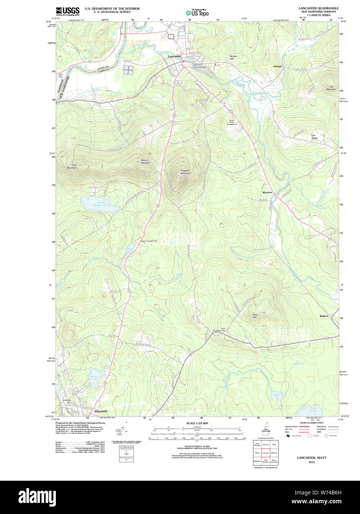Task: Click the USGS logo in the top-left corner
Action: coord(67,11)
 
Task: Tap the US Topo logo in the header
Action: coord(197,13)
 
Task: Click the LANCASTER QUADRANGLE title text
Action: coord(318,8)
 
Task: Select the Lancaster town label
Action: coord(174,56)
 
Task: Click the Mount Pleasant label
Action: coord(145,162)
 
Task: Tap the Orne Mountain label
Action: coord(72,167)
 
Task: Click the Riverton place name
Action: coord(267,193)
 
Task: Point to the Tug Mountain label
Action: coord(331,88)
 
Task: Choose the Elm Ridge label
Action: coord(314,136)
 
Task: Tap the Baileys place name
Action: coord(324,316)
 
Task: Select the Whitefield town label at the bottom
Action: coord(101,411)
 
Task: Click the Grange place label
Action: coord(277,67)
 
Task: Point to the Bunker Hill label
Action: coord(233,58)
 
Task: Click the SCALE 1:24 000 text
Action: coord(197,423)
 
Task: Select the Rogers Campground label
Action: coord(148,241)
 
